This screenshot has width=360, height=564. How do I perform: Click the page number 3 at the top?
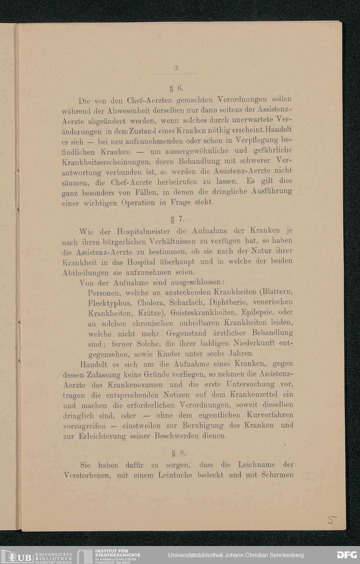tap(176, 68)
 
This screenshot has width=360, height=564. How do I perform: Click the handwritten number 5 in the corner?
tap(332, 519)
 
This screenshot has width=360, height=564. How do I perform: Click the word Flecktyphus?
tap(107, 303)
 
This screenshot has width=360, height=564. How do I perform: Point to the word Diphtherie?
tap(228, 302)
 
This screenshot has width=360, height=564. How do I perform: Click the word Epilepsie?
tap(259, 312)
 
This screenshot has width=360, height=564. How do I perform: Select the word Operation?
tap(138, 203)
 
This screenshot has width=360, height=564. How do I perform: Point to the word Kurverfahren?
tap(270, 415)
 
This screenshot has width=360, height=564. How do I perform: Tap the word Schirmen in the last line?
tap(277, 475)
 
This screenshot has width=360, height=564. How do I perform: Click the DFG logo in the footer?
tap(347, 555)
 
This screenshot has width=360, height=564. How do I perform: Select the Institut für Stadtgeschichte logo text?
tap(117, 555)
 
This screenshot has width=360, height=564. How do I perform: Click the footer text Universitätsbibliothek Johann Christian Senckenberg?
tap(236, 555)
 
